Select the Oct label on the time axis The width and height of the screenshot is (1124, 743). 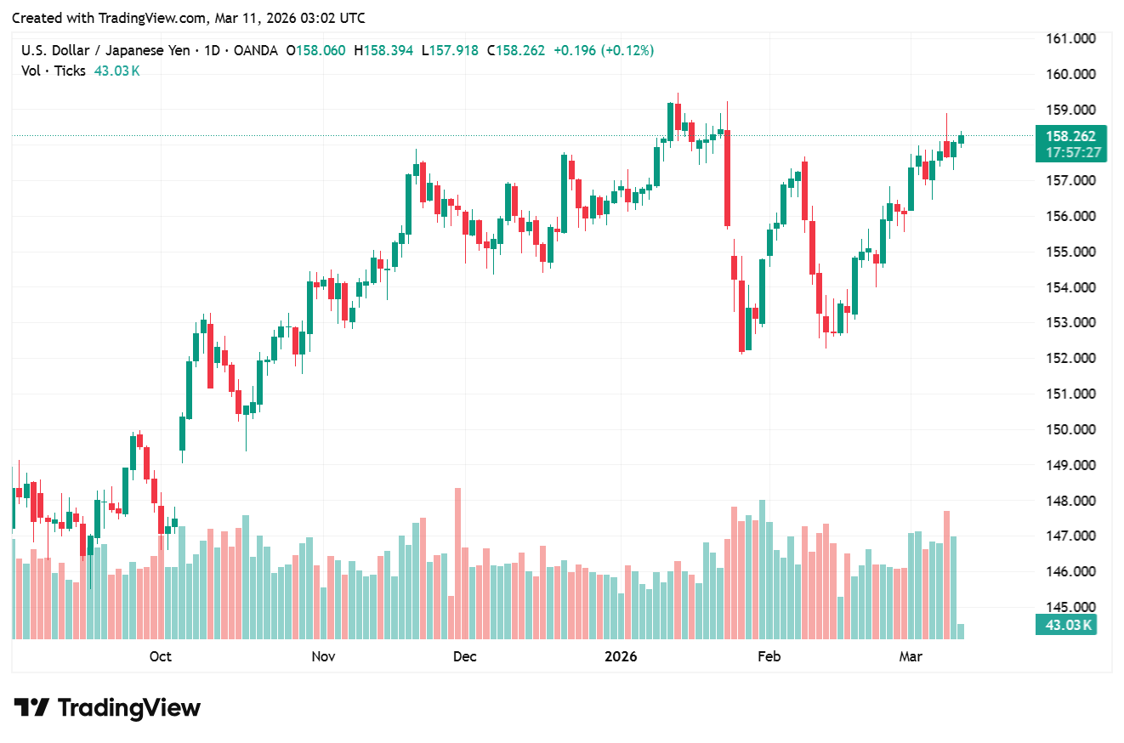(160, 656)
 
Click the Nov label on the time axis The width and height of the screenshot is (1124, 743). (323, 656)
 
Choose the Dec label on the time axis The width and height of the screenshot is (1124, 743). (465, 656)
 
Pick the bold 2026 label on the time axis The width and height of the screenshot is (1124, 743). (621, 656)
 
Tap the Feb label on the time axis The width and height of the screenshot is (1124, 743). (769, 656)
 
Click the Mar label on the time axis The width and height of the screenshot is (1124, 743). (911, 656)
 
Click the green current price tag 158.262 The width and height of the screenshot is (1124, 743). (1070, 136)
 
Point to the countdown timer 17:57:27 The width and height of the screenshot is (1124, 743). (1070, 153)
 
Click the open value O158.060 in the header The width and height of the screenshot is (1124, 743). (315, 50)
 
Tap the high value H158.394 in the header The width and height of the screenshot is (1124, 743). (383, 50)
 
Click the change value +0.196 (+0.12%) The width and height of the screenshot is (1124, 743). (603, 50)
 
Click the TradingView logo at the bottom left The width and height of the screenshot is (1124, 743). (107, 707)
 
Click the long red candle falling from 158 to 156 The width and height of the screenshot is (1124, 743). (727, 179)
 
